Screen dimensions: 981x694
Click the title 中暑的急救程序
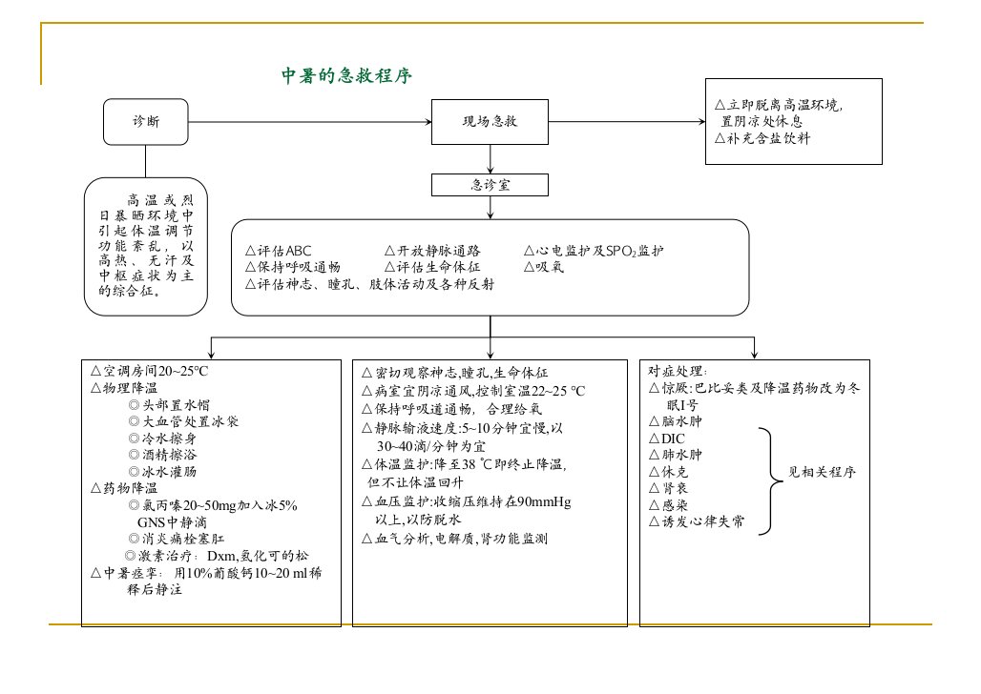point(346,75)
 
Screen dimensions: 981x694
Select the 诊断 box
point(146,122)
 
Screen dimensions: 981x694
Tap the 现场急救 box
point(490,122)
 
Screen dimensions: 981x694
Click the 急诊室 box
point(490,185)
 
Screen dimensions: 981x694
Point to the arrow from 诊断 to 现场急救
point(310,122)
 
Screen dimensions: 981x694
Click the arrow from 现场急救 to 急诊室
point(490,159)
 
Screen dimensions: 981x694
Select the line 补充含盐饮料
point(762,138)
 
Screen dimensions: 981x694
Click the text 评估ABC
point(279,251)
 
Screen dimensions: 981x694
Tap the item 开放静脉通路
point(432,251)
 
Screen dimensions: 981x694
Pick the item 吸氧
point(544,267)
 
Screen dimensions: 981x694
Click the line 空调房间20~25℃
point(149,371)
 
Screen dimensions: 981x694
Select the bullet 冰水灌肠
point(162,472)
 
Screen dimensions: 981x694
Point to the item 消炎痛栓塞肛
point(177,539)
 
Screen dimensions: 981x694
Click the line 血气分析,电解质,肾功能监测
point(455,539)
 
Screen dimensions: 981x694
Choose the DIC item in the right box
point(667,439)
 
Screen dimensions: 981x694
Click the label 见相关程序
point(822,472)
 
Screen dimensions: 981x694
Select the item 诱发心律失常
point(697,521)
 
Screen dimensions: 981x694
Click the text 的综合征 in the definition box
point(128,291)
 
